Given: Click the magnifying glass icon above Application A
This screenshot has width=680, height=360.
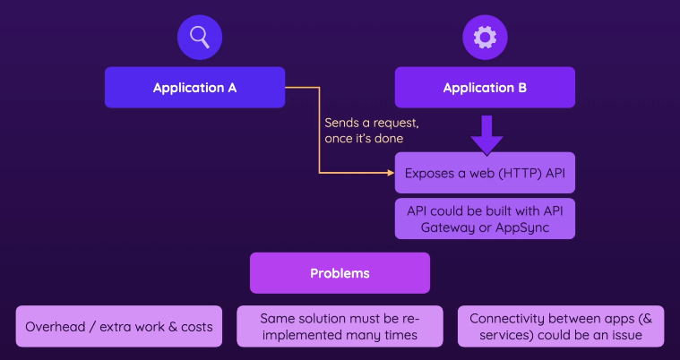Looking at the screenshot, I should point(199,37).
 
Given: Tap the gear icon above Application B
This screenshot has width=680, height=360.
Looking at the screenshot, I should point(485,37).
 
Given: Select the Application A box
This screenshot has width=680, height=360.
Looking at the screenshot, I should point(194,88).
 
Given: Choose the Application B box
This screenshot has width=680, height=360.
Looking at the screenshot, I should point(485,88).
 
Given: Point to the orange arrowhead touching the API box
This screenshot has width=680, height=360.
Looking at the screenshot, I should point(391,173).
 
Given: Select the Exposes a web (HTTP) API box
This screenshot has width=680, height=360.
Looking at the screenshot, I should point(485,173).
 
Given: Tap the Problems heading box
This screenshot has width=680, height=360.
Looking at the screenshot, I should point(340,273).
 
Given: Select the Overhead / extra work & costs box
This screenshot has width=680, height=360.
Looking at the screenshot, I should point(119,327).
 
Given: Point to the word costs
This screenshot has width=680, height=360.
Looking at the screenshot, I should point(194,327).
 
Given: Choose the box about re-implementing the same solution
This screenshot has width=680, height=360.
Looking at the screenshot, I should point(340,327).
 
